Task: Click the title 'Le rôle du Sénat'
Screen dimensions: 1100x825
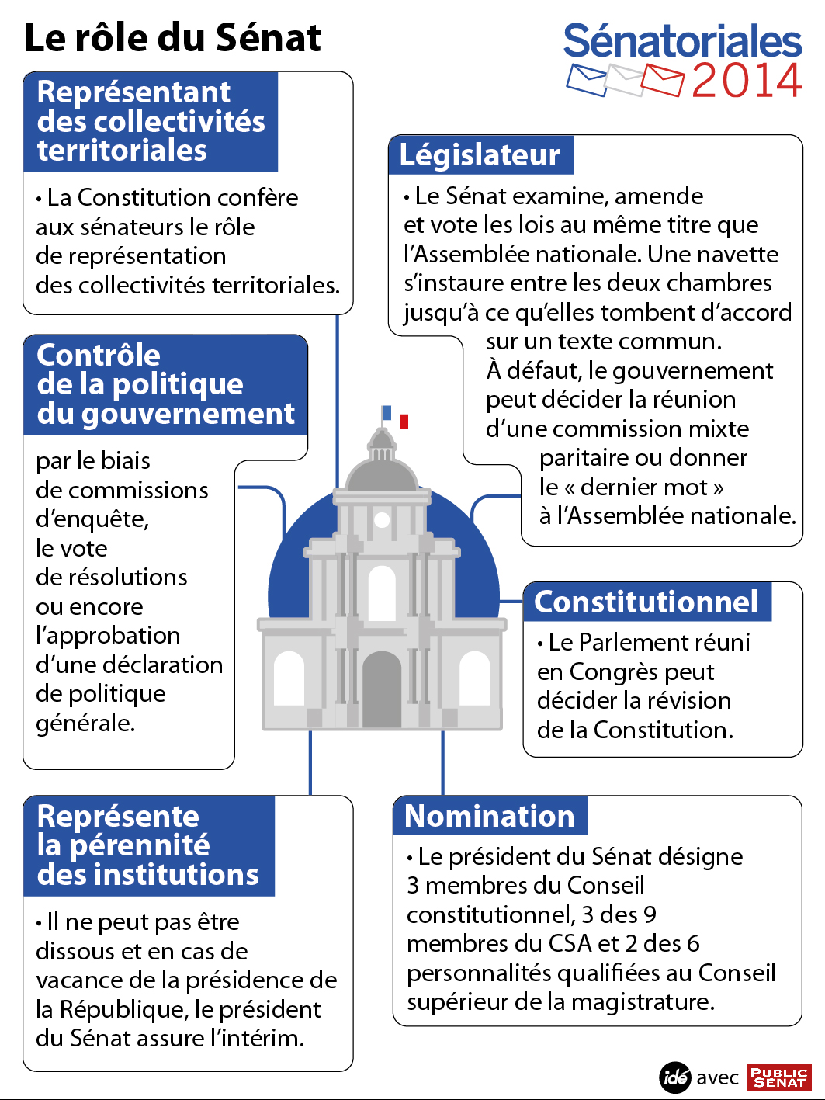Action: (172, 37)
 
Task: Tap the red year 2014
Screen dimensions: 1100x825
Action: (746, 81)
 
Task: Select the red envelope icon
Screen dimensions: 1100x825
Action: (662, 81)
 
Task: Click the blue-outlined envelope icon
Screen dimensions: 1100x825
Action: (587, 79)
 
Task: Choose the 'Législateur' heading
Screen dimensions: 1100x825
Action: (480, 154)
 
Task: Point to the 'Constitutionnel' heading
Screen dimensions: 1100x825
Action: (646, 602)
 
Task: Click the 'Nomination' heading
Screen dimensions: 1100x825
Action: (490, 816)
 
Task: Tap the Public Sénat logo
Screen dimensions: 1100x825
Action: (778, 1077)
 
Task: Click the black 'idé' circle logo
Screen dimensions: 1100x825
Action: (675, 1077)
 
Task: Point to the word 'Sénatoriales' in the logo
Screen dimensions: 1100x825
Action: (682, 41)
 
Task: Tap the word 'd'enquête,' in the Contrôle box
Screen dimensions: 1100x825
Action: (92, 519)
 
